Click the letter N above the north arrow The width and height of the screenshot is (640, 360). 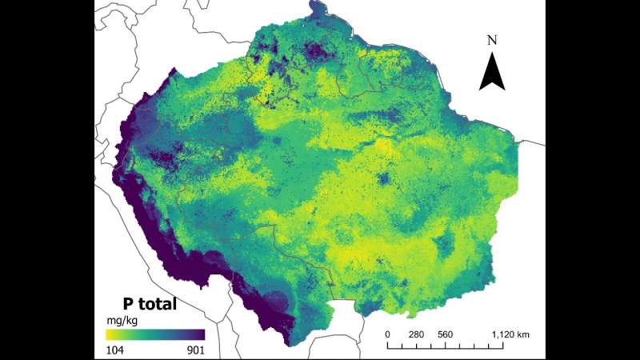[x=493, y=40]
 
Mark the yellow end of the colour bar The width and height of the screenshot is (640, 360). [x=110, y=334]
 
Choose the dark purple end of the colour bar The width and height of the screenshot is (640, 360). [x=202, y=334]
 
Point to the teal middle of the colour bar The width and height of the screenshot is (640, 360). [x=155, y=334]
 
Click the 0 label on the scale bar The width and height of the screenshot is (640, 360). [x=388, y=334]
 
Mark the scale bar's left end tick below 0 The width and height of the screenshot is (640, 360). [x=388, y=345]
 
